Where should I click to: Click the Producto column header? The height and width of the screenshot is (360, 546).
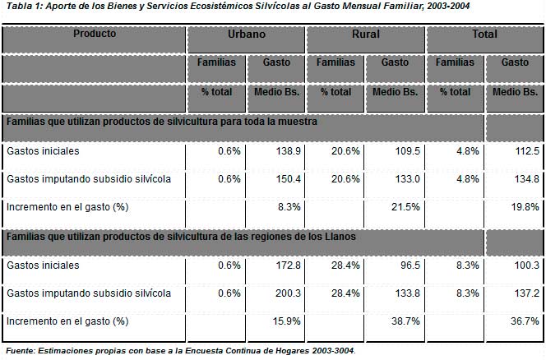point(95,35)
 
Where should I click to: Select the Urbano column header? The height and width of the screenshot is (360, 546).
point(246,35)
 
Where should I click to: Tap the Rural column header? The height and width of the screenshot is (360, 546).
point(365,35)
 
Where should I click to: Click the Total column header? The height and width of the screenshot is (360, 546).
point(484,35)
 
